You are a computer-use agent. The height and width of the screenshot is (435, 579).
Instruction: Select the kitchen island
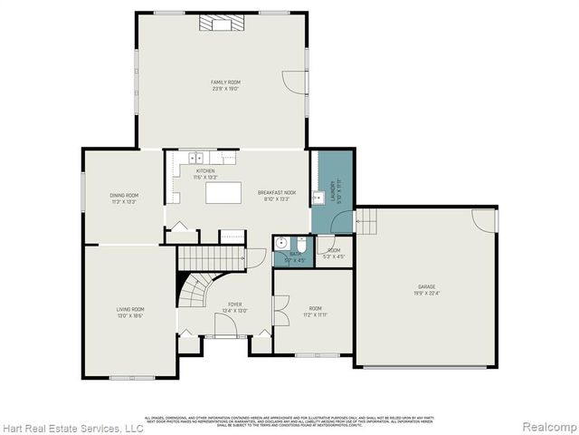click(223, 192)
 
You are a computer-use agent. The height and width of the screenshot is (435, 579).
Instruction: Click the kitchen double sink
click(192, 158)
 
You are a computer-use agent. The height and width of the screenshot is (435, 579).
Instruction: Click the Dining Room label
click(124, 197)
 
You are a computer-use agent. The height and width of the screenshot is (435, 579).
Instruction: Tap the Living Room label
click(130, 312)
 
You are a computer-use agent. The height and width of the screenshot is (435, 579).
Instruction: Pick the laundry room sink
click(318, 197)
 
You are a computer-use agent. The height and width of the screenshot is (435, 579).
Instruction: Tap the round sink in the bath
click(281, 243)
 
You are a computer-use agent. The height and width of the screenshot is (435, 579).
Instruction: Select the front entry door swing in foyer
click(225, 326)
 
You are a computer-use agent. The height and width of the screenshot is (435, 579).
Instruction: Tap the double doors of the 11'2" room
click(280, 313)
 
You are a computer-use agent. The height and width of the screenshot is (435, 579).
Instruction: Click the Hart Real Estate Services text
click(72, 427)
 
